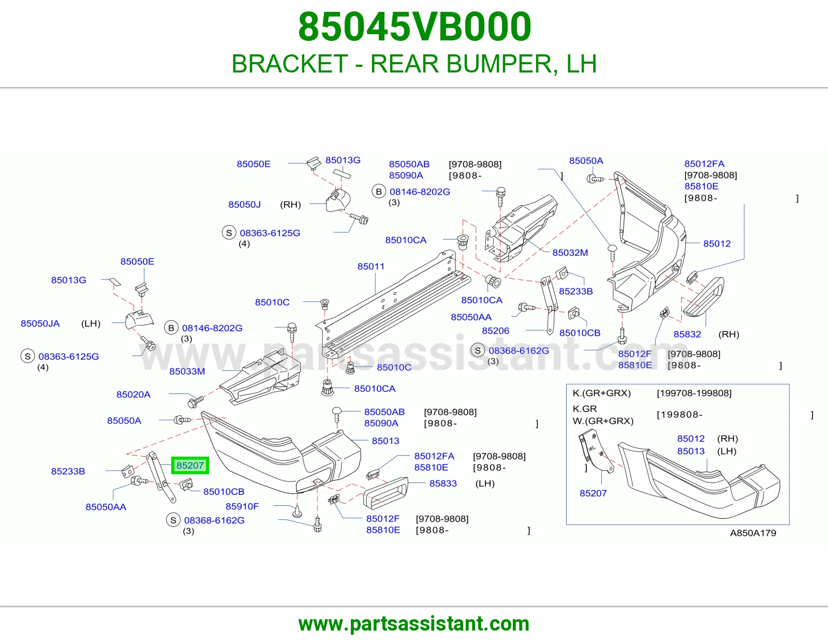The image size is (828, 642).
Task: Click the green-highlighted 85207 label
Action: [x=190, y=465]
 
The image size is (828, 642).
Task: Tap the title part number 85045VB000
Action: [x=415, y=27]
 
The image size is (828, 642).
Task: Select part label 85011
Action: [x=371, y=266]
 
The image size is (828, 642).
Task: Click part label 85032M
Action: [x=570, y=252]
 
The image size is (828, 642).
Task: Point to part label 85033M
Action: [x=187, y=371]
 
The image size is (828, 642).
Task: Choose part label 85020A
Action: [x=134, y=394]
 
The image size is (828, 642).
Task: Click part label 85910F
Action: [x=242, y=506]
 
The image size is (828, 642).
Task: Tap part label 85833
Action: [x=443, y=484]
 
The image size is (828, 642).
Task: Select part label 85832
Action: [x=687, y=334]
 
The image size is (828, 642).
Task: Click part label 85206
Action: [x=495, y=330]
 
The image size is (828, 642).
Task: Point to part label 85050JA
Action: [x=40, y=323]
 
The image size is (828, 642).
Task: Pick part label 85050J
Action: [x=244, y=205]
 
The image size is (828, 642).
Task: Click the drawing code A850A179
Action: [x=753, y=533]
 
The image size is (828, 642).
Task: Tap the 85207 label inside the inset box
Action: [x=593, y=493]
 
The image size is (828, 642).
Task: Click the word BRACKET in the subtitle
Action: [x=290, y=64]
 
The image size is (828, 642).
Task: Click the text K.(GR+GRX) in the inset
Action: [x=602, y=393]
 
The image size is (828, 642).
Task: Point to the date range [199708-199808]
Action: [x=694, y=393]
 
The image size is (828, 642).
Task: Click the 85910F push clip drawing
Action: [x=297, y=511]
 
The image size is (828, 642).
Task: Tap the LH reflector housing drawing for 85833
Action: [x=385, y=492]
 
